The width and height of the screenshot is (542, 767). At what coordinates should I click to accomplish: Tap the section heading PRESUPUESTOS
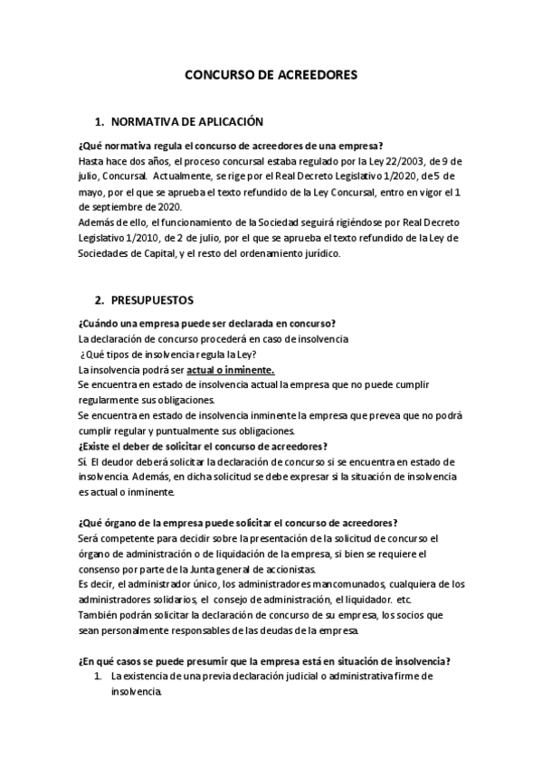point(157,298)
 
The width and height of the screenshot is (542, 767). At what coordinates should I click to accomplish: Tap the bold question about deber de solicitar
point(203,446)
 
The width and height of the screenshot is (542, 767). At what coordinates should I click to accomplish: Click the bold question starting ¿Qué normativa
point(231,146)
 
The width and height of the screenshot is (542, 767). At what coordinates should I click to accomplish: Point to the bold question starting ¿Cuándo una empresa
point(207,324)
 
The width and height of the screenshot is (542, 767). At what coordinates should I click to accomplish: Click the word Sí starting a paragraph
point(83,462)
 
